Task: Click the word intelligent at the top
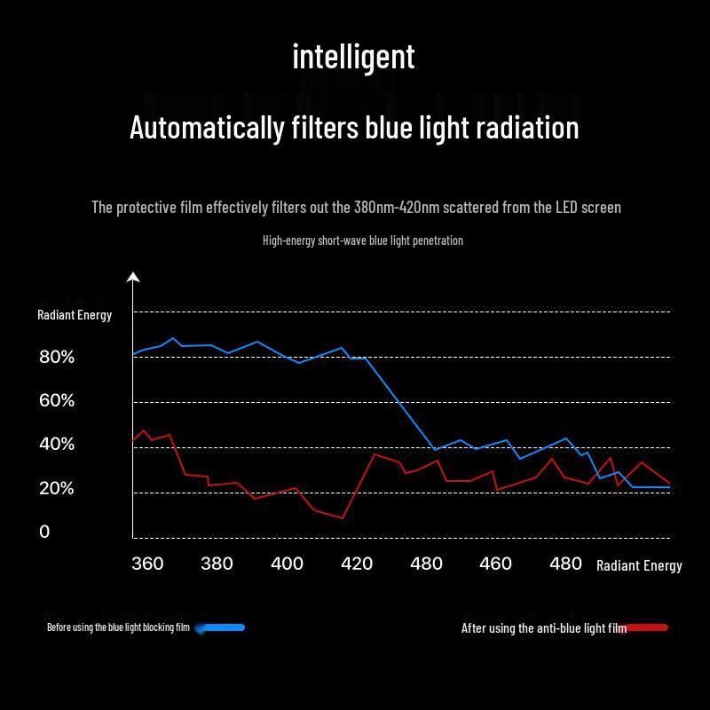(353, 57)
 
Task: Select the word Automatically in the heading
(206, 128)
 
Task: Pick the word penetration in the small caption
(435, 241)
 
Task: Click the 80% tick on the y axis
(57, 358)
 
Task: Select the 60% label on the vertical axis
(57, 401)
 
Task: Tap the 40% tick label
(57, 445)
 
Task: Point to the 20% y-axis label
(57, 489)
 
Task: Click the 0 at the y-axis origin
(44, 532)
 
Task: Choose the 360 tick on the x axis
(147, 564)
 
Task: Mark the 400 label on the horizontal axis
(287, 564)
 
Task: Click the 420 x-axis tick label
(357, 564)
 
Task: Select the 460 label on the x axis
(495, 564)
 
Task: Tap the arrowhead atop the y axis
(133, 278)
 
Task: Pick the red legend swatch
(648, 627)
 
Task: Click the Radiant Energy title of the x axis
(639, 566)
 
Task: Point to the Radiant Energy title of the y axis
(75, 315)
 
